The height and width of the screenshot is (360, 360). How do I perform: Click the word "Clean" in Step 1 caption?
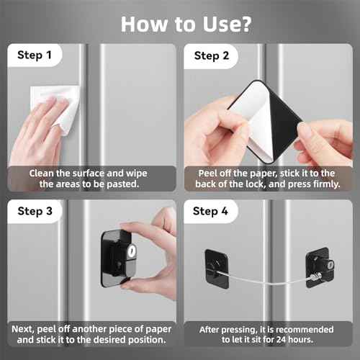[x=44, y=173]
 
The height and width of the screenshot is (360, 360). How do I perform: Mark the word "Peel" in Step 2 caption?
[x=210, y=173]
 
